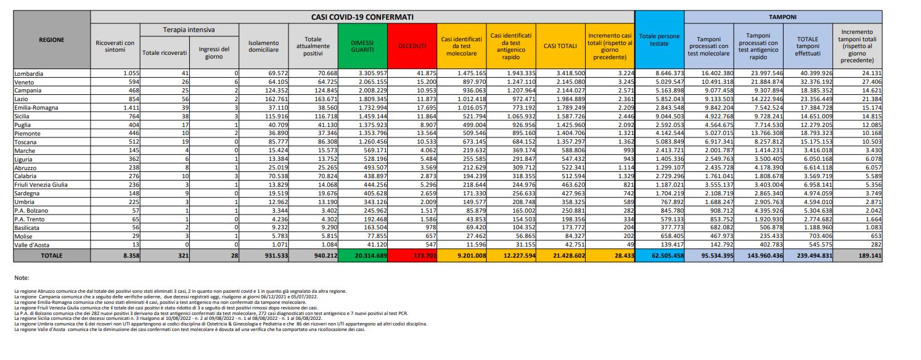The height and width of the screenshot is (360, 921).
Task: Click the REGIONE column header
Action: pos(51,39)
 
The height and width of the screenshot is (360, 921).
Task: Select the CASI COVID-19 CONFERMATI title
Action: pos(362,17)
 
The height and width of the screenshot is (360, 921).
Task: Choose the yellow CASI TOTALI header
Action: pos(560,46)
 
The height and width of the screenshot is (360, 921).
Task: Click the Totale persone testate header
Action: pos(659,40)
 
